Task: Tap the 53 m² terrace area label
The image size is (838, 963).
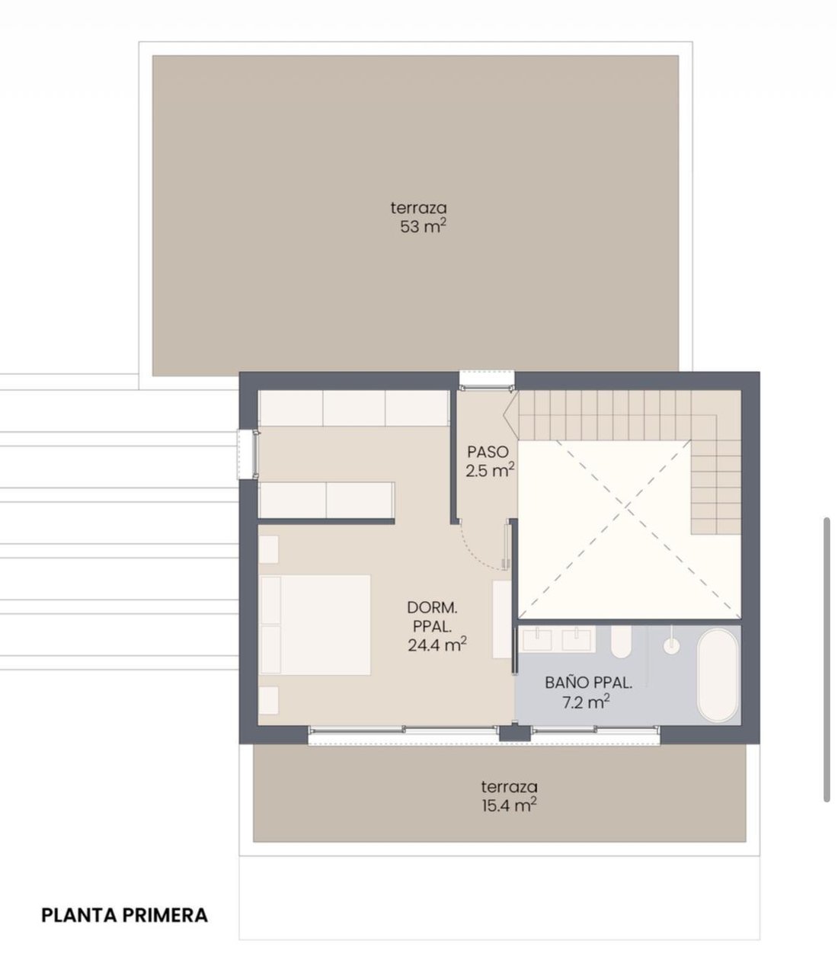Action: click(423, 226)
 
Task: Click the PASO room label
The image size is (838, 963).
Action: click(488, 452)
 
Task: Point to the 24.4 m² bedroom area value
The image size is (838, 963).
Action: click(437, 645)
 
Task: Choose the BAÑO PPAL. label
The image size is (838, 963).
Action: click(588, 683)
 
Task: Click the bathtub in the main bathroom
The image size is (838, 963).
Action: click(718, 675)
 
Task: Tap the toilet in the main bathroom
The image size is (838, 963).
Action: click(621, 641)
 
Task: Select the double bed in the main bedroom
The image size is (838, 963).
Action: click(315, 625)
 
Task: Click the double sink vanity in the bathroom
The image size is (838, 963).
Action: click(557, 639)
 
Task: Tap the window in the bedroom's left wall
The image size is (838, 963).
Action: click(248, 455)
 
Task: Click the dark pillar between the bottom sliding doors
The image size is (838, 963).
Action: click(515, 733)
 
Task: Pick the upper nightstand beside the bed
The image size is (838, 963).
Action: click(268, 549)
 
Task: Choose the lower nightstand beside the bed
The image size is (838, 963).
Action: click(268, 700)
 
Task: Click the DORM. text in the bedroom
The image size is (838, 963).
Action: click(432, 608)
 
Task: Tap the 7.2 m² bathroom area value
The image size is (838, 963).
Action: click(587, 702)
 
